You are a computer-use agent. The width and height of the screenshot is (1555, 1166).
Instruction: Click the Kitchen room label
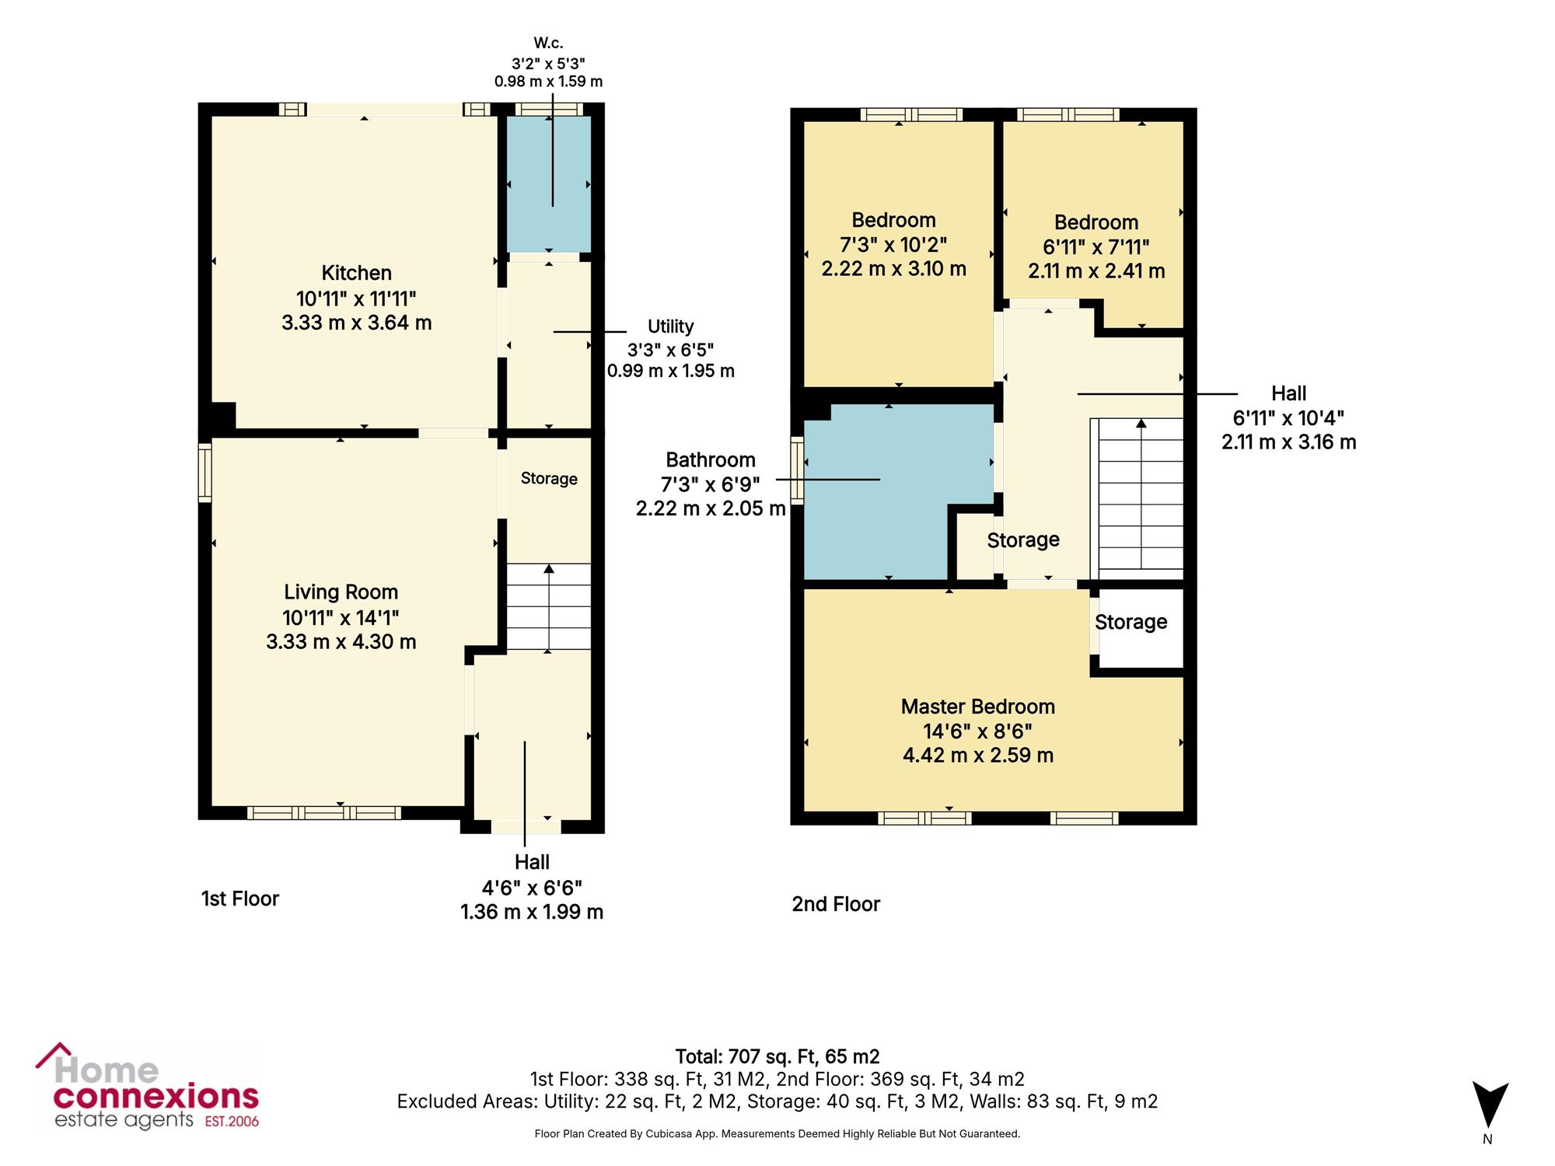(357, 273)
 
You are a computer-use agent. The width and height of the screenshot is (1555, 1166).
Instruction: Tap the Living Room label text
(341, 592)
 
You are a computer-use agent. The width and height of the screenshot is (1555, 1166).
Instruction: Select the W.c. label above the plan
(548, 44)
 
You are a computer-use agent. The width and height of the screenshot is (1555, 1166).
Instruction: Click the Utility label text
(670, 326)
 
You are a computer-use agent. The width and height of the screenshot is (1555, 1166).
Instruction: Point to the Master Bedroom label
(978, 707)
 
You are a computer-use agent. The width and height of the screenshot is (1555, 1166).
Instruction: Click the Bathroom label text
(711, 460)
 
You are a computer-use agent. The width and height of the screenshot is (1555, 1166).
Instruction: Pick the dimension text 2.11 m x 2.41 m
(1096, 271)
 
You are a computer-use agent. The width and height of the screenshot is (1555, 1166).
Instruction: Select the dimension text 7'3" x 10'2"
(893, 245)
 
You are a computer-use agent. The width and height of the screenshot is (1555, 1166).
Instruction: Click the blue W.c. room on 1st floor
(549, 183)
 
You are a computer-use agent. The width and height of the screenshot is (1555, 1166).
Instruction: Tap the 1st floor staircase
(549, 606)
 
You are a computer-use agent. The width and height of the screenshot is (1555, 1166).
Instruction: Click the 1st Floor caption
(240, 899)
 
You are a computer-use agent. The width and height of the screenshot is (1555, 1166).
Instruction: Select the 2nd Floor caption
(836, 904)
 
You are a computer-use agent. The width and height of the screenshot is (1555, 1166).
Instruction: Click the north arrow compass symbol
(1489, 1105)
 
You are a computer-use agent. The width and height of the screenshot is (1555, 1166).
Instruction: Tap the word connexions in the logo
(155, 1097)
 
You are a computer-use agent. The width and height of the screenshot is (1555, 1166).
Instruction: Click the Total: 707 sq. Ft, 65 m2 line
(777, 1056)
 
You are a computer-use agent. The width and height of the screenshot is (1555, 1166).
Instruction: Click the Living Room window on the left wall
(204, 473)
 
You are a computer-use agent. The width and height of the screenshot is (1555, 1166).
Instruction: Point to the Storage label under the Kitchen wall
(549, 479)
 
